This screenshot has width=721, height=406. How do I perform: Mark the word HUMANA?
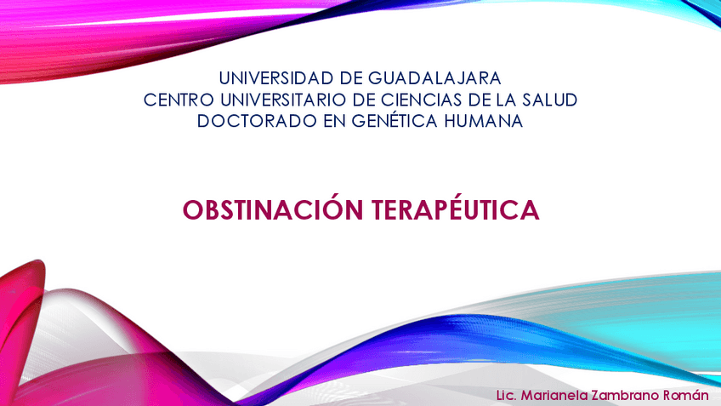[483, 121]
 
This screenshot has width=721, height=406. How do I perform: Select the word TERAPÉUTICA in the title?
[456, 209]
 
